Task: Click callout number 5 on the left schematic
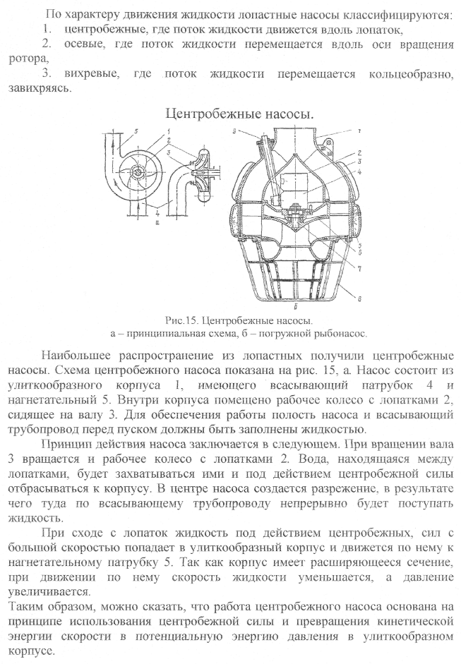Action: (136, 132)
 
